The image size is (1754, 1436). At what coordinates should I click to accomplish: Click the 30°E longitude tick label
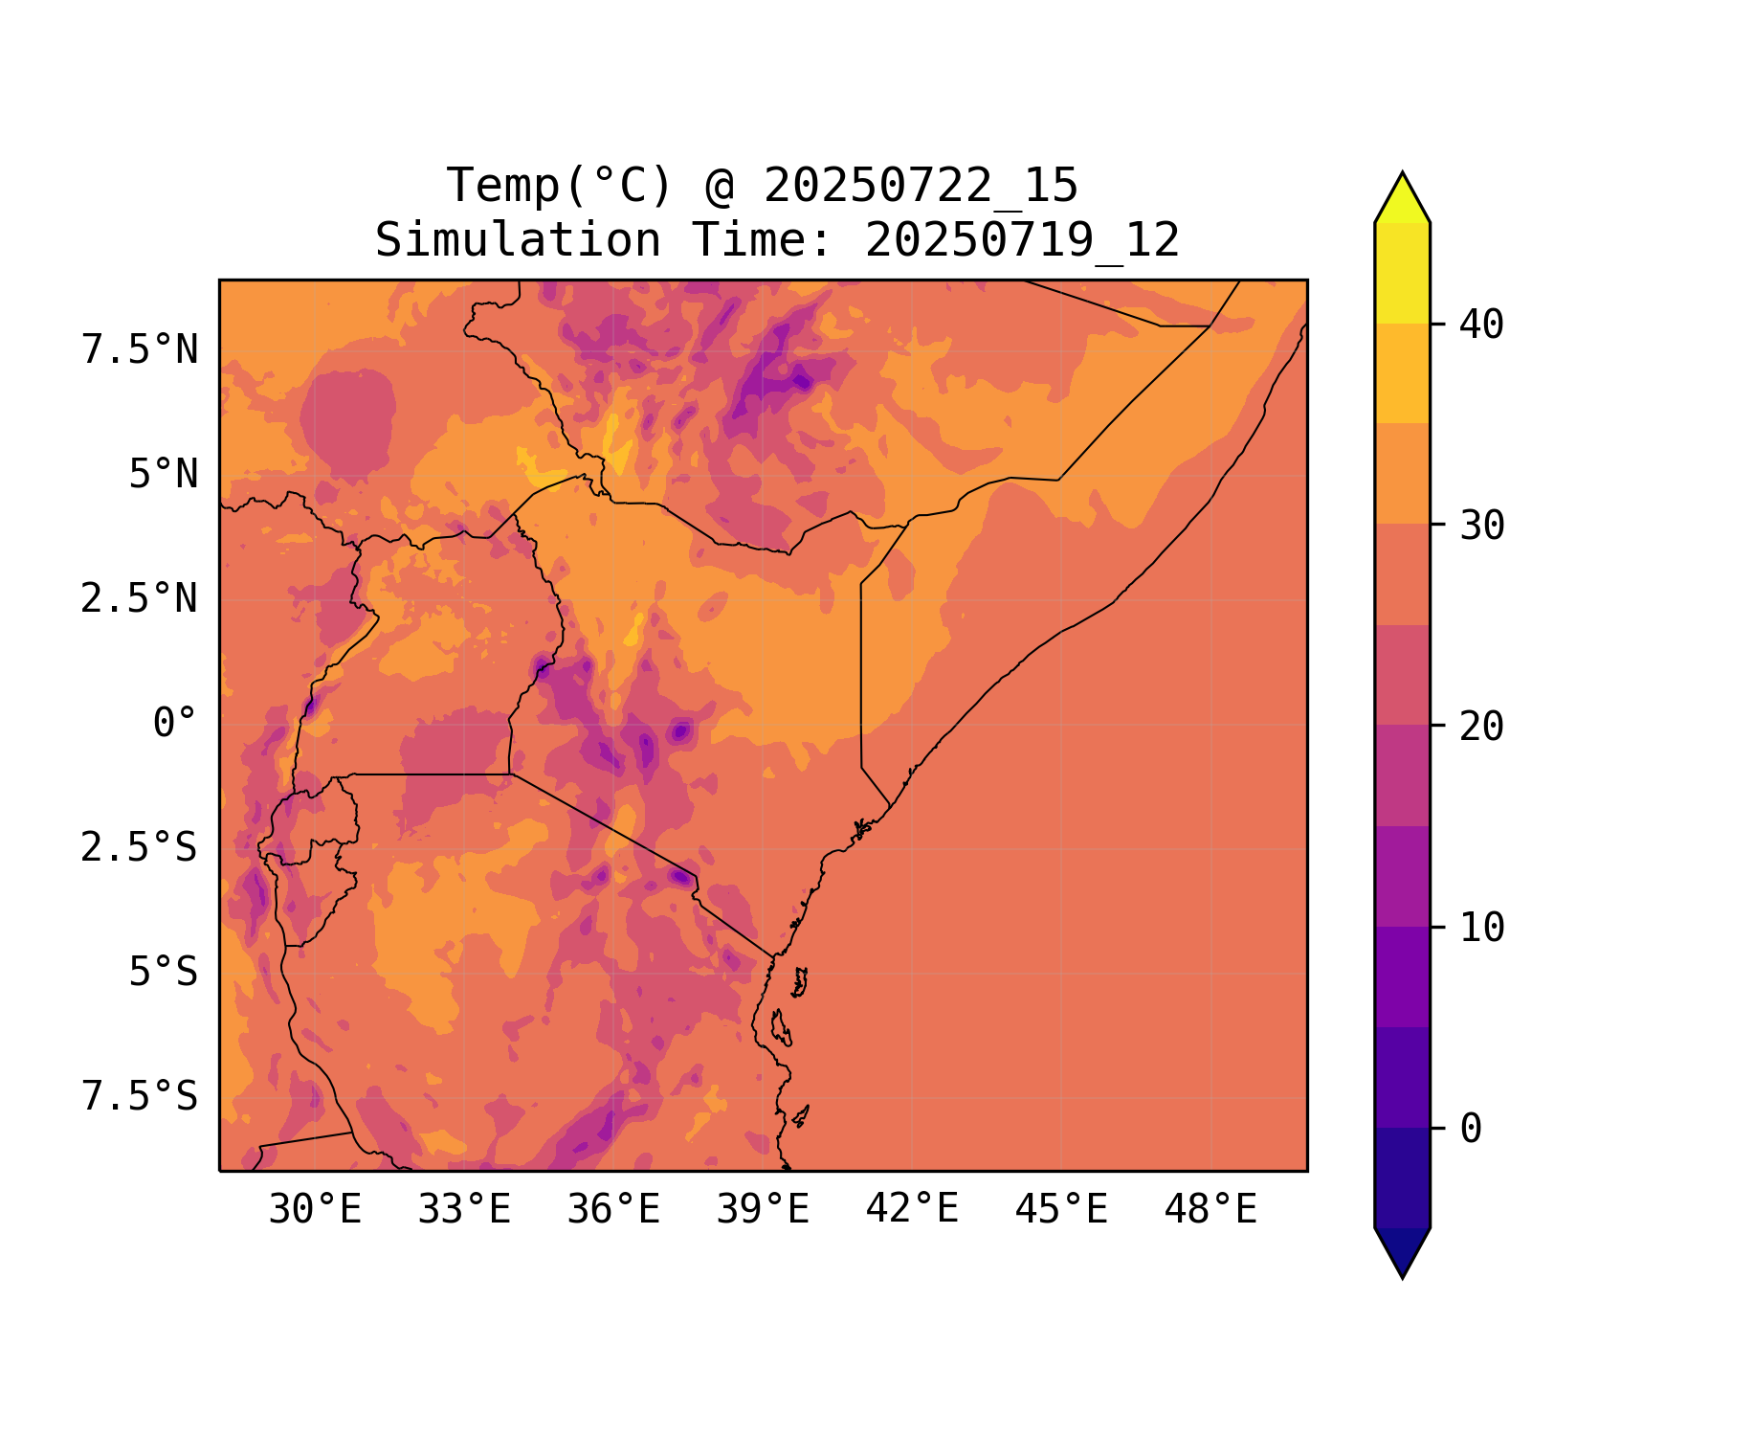[x=315, y=1210]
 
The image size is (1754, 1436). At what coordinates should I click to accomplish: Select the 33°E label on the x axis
[x=464, y=1210]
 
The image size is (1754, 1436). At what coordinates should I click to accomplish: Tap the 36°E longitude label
[x=613, y=1210]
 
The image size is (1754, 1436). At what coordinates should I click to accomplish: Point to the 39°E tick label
[x=763, y=1210]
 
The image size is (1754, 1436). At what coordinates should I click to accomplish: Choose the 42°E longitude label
[x=912, y=1209]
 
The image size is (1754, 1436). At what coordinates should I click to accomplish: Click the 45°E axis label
[x=1061, y=1210]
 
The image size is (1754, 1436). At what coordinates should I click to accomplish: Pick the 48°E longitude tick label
[x=1210, y=1210]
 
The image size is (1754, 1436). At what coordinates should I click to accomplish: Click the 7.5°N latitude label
[x=140, y=350]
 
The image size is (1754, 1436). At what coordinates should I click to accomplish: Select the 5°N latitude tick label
[x=164, y=475]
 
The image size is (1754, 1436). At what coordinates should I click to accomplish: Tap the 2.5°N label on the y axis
[x=140, y=599]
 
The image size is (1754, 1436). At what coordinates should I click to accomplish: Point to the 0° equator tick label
[x=175, y=724]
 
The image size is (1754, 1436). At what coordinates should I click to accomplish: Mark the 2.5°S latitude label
[x=140, y=848]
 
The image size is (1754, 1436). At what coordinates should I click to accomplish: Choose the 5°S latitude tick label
[x=164, y=973]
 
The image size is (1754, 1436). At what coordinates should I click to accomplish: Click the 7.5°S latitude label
[x=140, y=1097]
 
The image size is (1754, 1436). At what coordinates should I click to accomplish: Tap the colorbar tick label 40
[x=1481, y=325]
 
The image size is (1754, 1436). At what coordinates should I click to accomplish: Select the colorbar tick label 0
[x=1471, y=1130]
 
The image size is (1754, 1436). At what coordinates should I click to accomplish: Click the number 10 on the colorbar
[x=1481, y=928]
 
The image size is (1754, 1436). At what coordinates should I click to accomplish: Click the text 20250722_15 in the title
[x=921, y=186]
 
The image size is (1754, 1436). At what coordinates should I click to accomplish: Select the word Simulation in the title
[x=518, y=240]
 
